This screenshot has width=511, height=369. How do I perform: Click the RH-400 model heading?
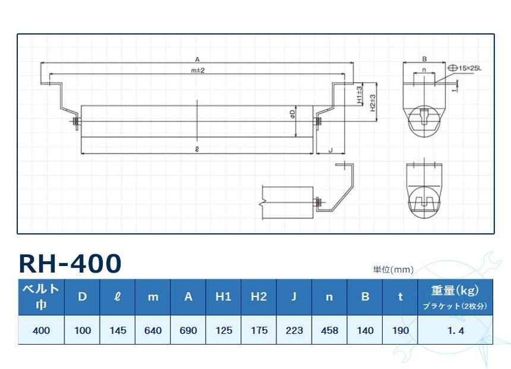point(70,263)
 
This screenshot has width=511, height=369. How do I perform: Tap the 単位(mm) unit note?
point(393,270)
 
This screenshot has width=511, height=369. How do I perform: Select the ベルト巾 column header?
point(40,297)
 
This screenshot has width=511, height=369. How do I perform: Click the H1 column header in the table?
point(223,297)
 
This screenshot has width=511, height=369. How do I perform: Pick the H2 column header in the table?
point(258,297)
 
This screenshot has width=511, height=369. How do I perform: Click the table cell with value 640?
point(153,330)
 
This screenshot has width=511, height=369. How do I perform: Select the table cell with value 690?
point(188,330)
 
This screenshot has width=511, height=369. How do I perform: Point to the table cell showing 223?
point(294,330)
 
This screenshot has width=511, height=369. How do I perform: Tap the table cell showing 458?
point(329,330)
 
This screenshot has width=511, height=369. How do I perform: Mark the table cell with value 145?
point(118,330)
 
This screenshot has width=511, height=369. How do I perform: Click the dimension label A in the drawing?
point(197,58)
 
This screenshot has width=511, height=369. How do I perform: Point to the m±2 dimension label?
point(197,70)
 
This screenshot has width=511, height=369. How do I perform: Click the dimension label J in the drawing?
point(330,150)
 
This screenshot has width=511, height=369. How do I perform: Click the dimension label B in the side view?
point(424,59)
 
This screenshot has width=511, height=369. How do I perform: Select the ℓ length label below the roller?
point(197,150)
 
